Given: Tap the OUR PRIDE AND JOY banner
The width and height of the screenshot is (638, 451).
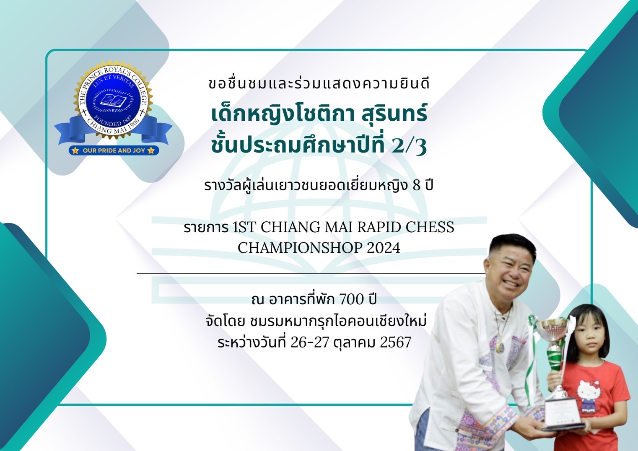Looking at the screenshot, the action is pyautogui.click(x=114, y=150).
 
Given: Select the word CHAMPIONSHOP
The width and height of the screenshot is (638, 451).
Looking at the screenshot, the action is pyautogui.click(x=300, y=248).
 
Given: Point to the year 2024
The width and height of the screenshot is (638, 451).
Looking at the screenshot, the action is pyautogui.click(x=384, y=248).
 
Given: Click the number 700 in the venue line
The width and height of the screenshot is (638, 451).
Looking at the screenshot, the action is pyautogui.click(x=352, y=299).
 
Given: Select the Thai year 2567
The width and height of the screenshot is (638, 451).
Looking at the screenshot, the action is pyautogui.click(x=396, y=342).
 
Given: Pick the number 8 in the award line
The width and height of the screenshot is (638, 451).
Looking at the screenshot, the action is pyautogui.click(x=416, y=186).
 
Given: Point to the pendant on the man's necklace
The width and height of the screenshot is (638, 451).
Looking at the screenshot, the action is pyautogui.click(x=501, y=346).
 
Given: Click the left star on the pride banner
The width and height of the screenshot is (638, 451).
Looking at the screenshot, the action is pyautogui.click(x=75, y=150).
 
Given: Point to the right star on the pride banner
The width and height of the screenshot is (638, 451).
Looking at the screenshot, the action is pyautogui.click(x=151, y=150).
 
